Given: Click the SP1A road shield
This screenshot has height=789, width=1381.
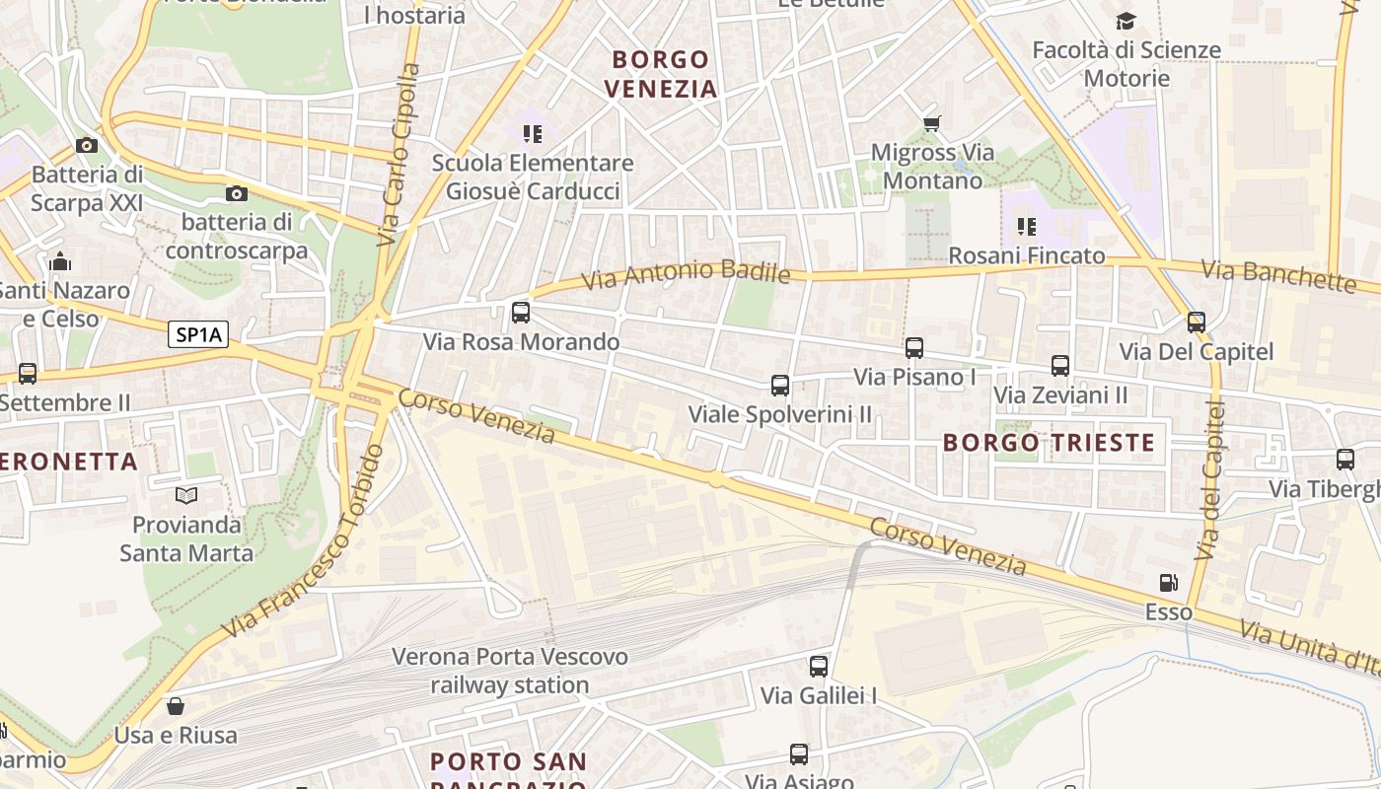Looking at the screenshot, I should (198, 335).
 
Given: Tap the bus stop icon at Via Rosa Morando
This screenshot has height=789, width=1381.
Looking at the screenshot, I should (521, 313).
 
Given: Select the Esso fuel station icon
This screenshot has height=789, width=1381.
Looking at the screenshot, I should (1169, 583).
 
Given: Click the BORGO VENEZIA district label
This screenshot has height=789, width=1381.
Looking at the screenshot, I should (660, 74).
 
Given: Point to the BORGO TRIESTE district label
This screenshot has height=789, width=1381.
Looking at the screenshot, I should (1049, 442).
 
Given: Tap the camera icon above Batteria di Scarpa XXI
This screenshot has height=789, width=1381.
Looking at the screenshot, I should (87, 146).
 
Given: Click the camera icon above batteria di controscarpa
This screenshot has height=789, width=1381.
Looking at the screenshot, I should (236, 193).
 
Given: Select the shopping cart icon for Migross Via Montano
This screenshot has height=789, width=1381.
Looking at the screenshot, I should (931, 123).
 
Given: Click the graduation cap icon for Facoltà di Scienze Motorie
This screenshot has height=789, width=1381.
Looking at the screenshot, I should (1126, 21).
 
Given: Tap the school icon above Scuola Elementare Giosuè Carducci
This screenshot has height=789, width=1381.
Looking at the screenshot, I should (533, 133).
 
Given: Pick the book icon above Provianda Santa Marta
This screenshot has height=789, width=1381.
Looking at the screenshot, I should (186, 495).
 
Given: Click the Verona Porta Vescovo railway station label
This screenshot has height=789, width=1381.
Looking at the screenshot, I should (509, 671).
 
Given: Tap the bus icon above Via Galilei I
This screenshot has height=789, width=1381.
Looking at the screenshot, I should (819, 667).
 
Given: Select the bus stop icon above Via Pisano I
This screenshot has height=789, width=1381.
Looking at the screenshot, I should (914, 348).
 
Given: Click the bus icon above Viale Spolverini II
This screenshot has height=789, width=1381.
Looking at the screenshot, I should (780, 386).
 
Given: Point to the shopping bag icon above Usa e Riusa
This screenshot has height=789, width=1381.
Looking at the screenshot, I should (176, 706).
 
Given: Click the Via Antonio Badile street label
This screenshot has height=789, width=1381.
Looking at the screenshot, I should (686, 273).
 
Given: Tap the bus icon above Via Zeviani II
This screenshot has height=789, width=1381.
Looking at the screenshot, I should (1060, 366).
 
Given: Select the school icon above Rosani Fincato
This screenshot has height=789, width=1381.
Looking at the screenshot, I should (1027, 227).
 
